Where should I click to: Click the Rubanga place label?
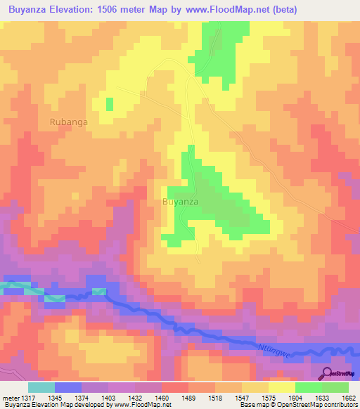[69, 122]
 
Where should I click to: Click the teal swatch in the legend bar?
[41, 387]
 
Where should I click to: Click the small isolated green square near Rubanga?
[110, 104]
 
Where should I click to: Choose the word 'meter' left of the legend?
[10, 398]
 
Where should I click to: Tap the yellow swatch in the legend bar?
[282, 387]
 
